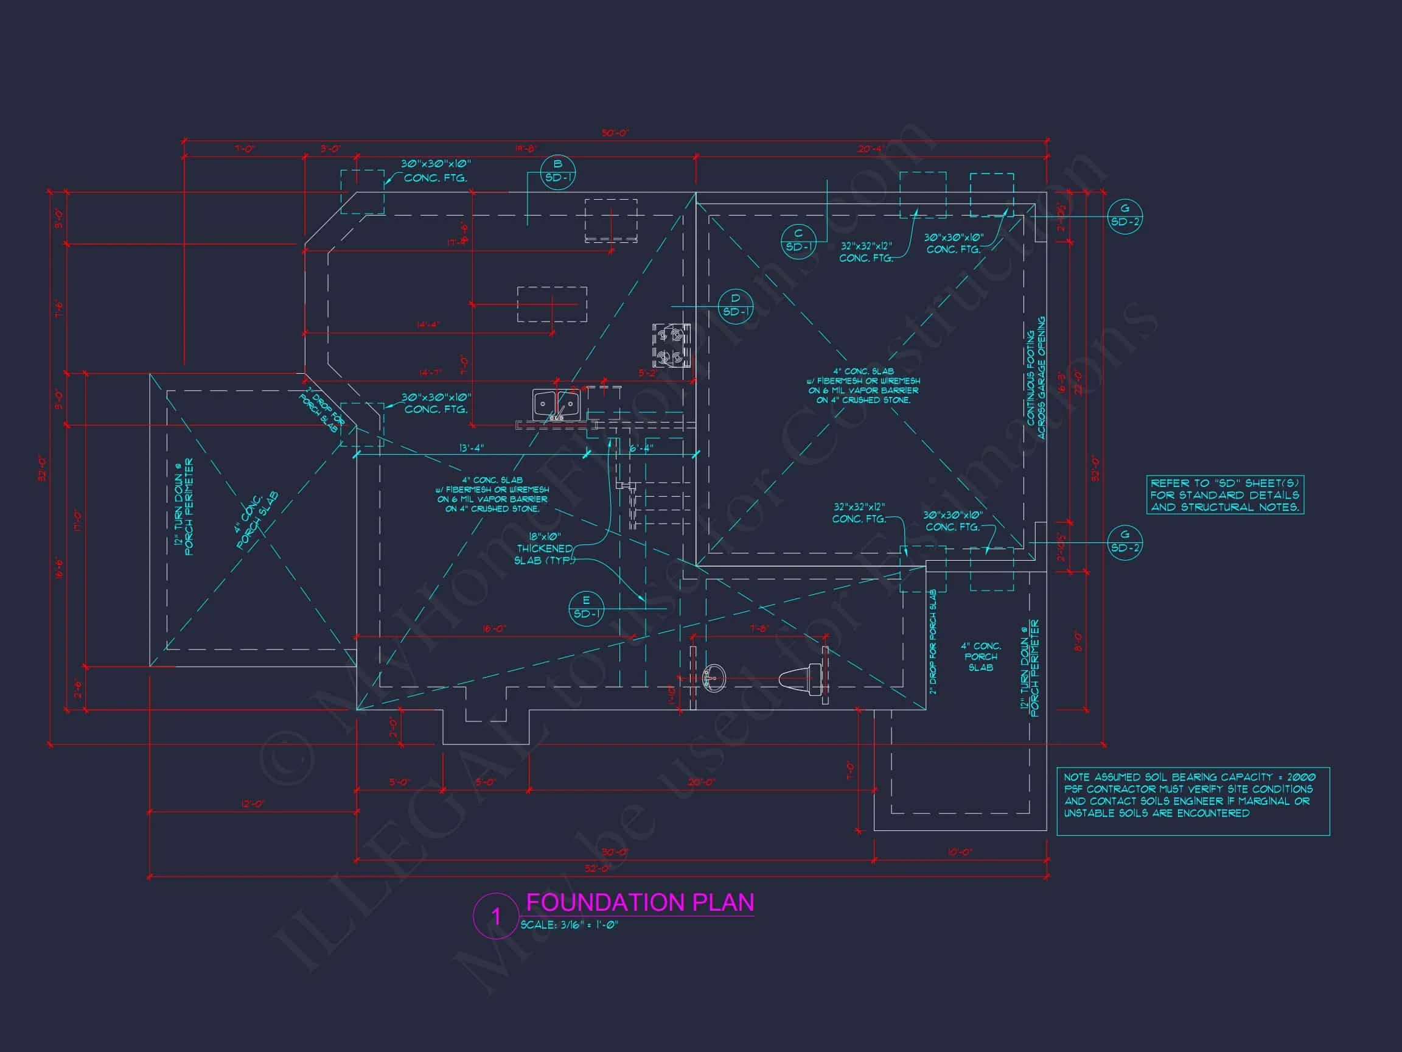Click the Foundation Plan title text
[x=640, y=902]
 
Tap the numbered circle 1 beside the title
[x=496, y=916]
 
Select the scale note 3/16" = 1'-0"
[x=569, y=925]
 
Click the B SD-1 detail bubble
[x=557, y=171]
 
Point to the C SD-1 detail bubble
[x=798, y=240]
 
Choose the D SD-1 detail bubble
[x=735, y=305]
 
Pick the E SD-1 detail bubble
[x=585, y=608]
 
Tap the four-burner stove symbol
[x=671, y=345]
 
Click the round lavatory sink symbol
[x=714, y=678]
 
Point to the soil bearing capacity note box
[x=1192, y=801]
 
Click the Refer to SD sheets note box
[x=1224, y=494]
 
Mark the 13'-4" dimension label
[x=471, y=448]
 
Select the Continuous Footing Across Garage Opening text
[x=1036, y=379]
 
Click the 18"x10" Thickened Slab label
[x=545, y=549]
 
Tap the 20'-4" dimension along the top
[x=870, y=149]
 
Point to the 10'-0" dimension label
[x=960, y=852]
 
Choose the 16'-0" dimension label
[x=494, y=628]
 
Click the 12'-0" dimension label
[x=253, y=804]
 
